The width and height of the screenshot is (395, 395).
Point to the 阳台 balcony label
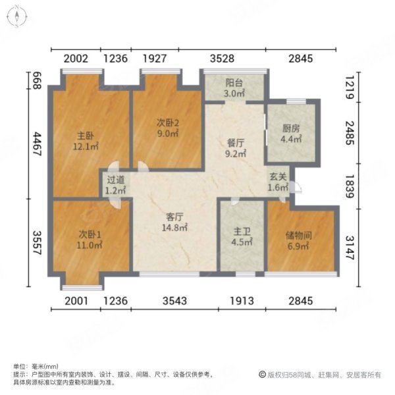pos(232,84)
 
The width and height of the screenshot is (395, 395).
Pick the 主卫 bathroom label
pos(241,231)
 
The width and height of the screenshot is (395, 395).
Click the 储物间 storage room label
pos(299,232)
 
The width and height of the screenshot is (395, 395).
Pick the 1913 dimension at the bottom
pos(242,301)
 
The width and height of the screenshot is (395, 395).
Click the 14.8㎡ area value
pos(174,228)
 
